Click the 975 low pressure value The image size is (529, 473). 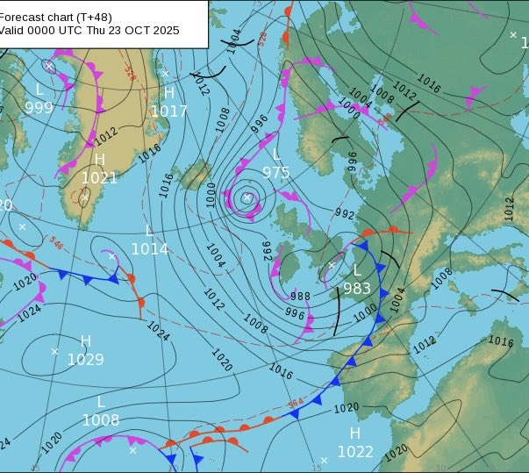coord(276,173)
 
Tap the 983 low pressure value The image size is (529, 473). coord(357,289)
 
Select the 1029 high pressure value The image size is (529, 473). coord(86,359)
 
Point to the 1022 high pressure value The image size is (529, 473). coord(355,452)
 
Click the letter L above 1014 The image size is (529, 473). coord(149,231)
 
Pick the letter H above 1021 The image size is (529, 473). coord(99,160)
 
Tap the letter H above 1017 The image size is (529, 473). coord(169,93)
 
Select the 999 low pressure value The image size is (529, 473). coord(39,108)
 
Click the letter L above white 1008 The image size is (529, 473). coord(101,402)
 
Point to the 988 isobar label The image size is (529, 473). coord(300,297)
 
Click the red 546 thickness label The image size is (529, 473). coord(56,241)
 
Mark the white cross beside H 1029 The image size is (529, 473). coord(54,352)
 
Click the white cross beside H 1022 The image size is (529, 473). coord(324,460)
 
